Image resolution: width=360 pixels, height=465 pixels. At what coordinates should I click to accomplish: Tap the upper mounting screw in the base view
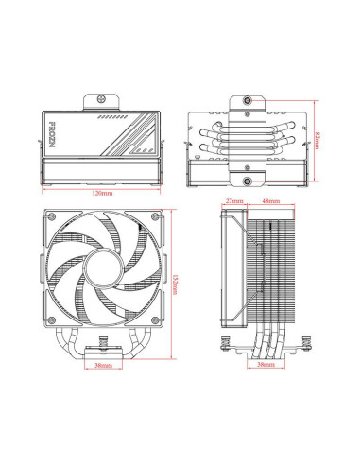click(249, 99)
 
